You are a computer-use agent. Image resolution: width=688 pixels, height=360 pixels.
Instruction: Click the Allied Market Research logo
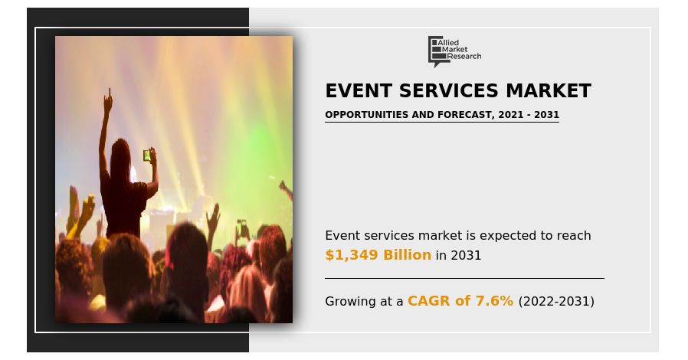point(454,51)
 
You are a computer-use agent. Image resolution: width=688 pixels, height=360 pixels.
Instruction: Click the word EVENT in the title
point(359,91)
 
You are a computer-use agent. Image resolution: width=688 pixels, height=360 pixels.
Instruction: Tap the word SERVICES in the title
point(448,91)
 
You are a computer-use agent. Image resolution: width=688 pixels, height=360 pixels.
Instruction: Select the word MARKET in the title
point(548,91)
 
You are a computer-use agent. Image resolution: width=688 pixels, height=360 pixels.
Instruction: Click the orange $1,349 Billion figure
point(378,255)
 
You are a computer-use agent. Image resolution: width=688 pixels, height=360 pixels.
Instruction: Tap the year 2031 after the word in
point(466,255)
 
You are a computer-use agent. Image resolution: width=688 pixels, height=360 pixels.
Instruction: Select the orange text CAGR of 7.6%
point(460,301)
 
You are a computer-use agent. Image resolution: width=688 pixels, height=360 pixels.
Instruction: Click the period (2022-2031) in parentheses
point(556,301)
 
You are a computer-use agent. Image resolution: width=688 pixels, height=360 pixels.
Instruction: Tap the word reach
point(574,235)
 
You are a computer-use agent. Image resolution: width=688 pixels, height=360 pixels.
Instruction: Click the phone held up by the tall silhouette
point(146,155)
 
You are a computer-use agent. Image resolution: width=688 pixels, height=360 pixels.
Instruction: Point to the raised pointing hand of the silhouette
point(107,100)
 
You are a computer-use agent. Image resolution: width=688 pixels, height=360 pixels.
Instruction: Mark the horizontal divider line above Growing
point(464,278)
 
